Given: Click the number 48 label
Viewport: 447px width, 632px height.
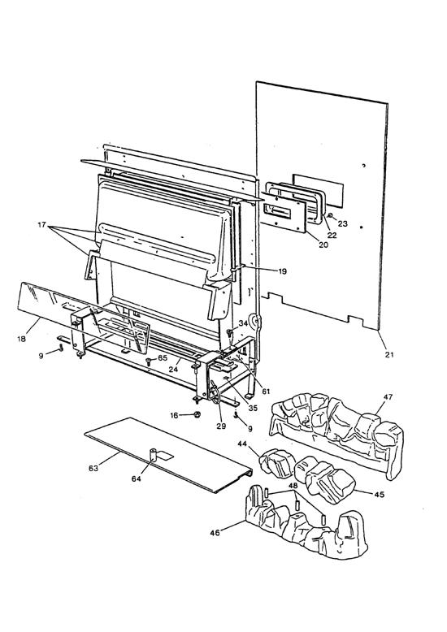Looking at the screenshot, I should click(271, 486).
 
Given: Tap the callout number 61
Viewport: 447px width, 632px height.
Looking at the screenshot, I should click(266, 391).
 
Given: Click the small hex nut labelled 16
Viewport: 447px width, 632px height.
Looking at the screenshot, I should click(197, 415).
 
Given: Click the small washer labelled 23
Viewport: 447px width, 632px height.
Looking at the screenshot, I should click(332, 215).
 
